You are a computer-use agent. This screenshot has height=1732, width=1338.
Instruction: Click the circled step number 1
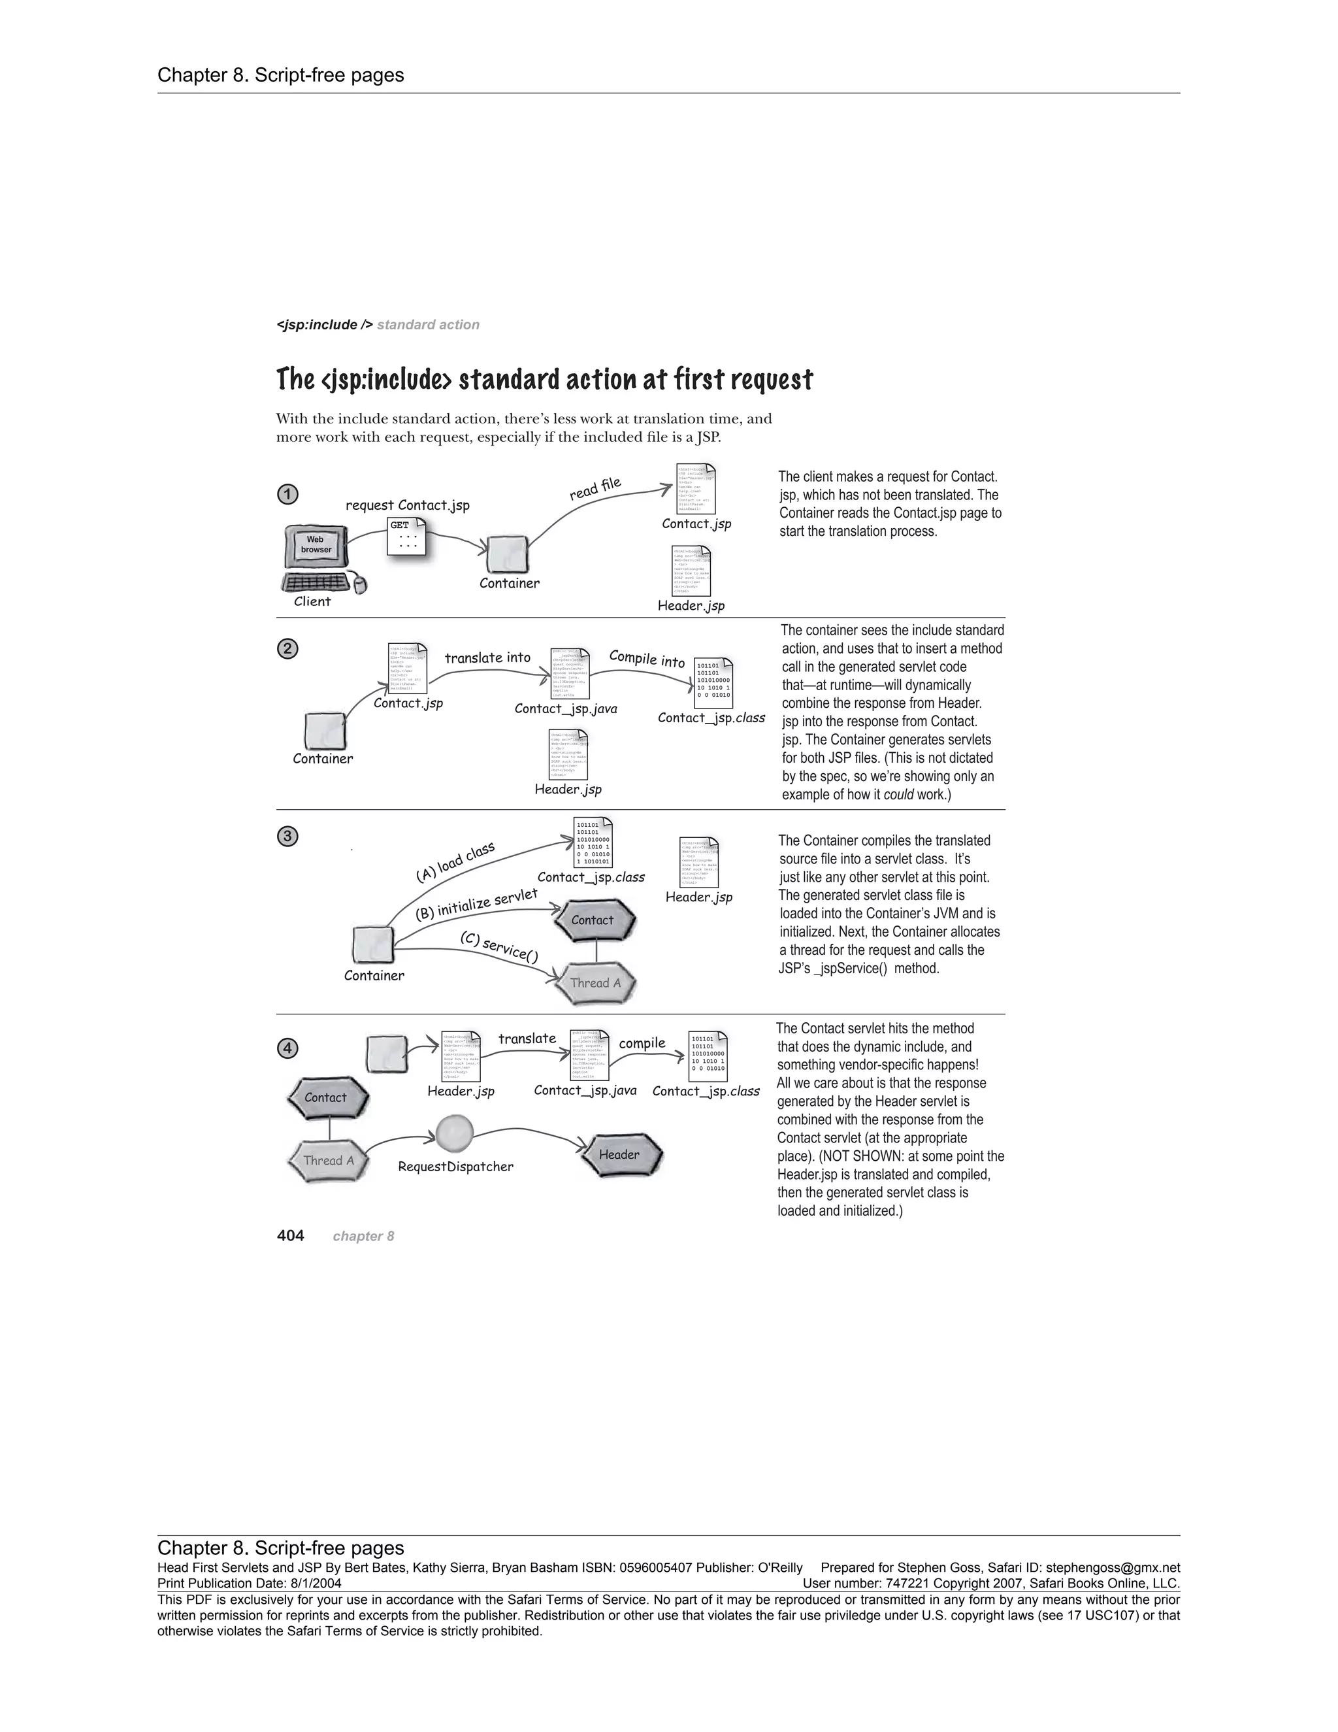pyautogui.click(x=287, y=494)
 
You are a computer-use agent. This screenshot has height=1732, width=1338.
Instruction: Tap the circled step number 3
pyautogui.click(x=287, y=836)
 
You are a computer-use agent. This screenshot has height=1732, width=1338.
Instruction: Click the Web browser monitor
pyautogui.click(x=316, y=546)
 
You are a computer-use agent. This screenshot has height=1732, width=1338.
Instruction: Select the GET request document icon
pyautogui.click(x=406, y=537)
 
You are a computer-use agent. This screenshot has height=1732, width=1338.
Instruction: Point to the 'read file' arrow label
pyautogui.click(x=595, y=488)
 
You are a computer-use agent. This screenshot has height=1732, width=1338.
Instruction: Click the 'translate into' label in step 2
pyautogui.click(x=487, y=658)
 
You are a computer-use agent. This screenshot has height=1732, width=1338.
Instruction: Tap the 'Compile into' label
pyautogui.click(x=647, y=659)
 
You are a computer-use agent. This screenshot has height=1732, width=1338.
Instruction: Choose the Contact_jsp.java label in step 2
pyautogui.click(x=565, y=708)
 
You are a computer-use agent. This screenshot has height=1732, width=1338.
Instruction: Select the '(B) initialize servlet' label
pyautogui.click(x=476, y=904)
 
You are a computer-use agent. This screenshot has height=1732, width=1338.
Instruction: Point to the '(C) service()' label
pyautogui.click(x=499, y=947)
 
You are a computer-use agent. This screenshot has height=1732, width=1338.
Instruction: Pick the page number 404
pyautogui.click(x=290, y=1235)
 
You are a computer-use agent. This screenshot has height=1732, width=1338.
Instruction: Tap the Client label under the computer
pyautogui.click(x=312, y=601)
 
